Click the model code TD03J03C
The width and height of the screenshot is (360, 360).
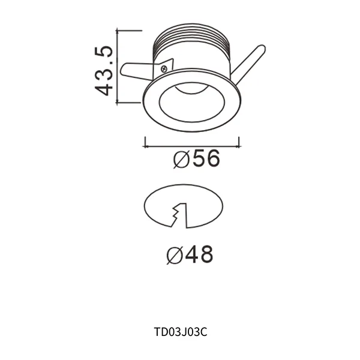click(x=181, y=331)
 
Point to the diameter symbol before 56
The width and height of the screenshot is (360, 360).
click(x=181, y=160)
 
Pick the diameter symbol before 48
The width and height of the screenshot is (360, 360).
click(x=175, y=256)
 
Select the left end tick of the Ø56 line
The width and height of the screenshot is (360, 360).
click(x=145, y=142)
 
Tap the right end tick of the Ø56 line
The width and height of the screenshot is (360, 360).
click(x=239, y=142)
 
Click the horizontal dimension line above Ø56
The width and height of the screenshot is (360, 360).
click(x=192, y=144)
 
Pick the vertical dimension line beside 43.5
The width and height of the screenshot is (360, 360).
click(x=118, y=66)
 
